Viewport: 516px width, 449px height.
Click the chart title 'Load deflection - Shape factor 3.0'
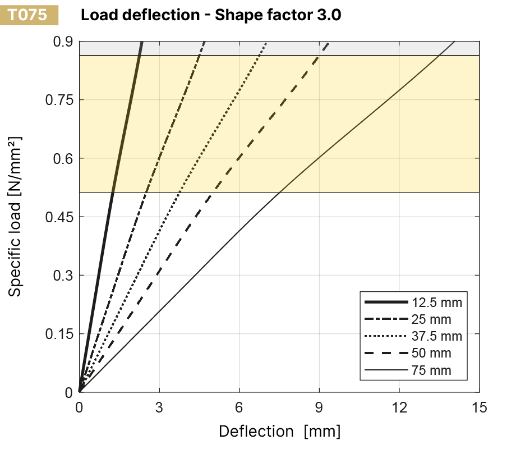click(x=211, y=15)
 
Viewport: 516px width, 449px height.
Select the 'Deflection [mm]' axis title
click(x=279, y=431)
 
